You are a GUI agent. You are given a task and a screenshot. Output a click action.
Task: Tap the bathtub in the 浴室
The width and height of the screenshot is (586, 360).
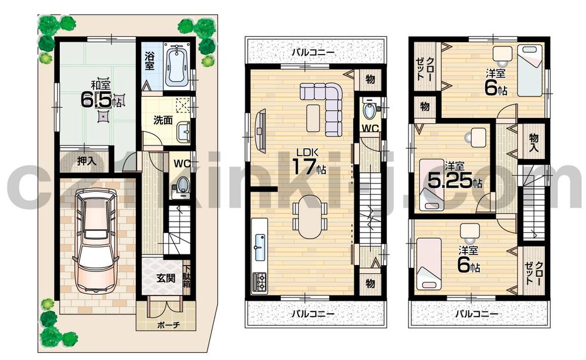(175, 65)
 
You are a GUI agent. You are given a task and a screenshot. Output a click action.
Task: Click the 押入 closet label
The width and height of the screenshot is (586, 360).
(87, 161)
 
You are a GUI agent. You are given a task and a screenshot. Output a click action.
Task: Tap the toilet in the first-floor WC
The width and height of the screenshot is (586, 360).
(182, 185)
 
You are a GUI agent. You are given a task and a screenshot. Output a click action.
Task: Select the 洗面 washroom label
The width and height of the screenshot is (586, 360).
(162, 120)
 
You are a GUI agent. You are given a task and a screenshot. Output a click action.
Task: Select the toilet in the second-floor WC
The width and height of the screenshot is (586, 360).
(370, 110)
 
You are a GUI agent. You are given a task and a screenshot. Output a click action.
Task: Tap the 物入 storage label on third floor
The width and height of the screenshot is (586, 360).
(533, 141)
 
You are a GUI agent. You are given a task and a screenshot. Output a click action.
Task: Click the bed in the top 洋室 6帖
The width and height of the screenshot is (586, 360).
(530, 71)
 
